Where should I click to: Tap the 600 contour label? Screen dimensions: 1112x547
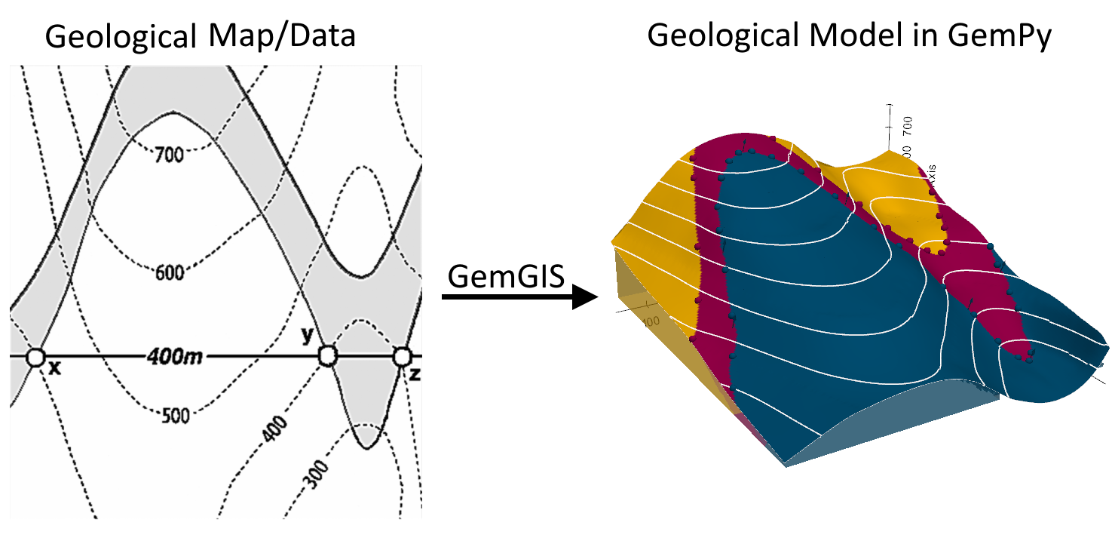tap(170, 273)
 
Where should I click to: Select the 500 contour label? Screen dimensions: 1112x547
tap(175, 415)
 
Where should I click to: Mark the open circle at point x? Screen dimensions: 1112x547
tap(35, 357)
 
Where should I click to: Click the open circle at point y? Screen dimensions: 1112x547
tap(327, 355)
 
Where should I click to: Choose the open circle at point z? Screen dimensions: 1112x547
tap(403, 355)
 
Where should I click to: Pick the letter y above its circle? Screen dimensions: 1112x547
tap(307, 336)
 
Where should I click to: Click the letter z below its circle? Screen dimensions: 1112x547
tap(414, 373)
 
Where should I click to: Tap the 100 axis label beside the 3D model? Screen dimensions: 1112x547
tap(650, 321)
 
